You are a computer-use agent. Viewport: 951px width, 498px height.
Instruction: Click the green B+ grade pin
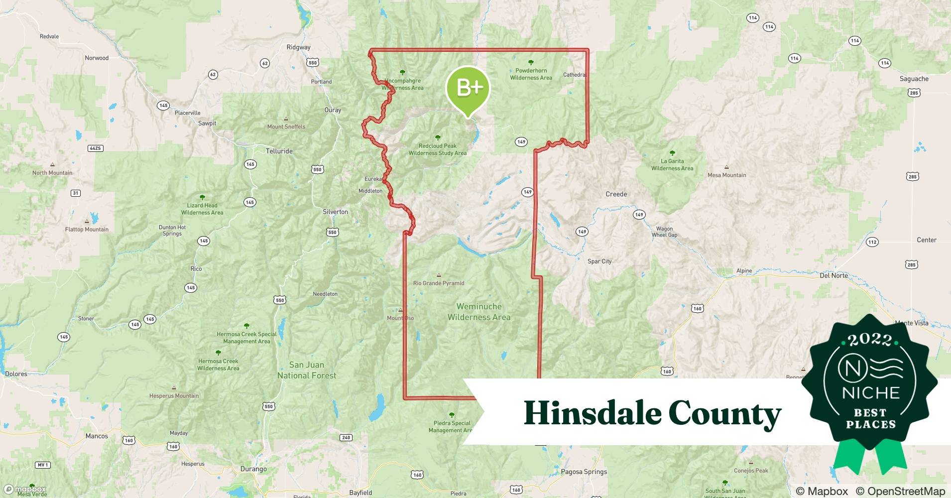pyautogui.click(x=468, y=89)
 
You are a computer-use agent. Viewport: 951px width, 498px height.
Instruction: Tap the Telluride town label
pyautogui.click(x=279, y=151)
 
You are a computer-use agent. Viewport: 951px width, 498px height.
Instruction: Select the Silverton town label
pyautogui.click(x=335, y=212)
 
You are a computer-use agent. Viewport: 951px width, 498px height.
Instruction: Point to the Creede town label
pyautogui.click(x=616, y=194)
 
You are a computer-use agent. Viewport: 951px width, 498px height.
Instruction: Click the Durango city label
pyautogui.click(x=253, y=469)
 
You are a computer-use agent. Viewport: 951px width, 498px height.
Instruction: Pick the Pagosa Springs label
pyautogui.click(x=584, y=472)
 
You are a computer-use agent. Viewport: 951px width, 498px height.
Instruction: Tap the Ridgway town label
pyautogui.click(x=298, y=47)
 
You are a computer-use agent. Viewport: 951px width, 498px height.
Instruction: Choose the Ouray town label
pyautogui.click(x=333, y=110)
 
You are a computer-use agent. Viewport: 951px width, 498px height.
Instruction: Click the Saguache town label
pyautogui.click(x=914, y=79)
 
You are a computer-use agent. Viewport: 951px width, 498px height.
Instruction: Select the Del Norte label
pyautogui.click(x=833, y=275)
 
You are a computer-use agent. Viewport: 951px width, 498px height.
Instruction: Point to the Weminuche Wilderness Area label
pyautogui.click(x=478, y=312)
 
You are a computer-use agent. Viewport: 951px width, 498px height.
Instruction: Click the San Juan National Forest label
pyautogui.click(x=307, y=370)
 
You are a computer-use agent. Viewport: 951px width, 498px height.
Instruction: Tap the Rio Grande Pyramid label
pyautogui.click(x=439, y=283)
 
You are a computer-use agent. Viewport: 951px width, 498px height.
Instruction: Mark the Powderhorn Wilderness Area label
pyautogui.click(x=531, y=74)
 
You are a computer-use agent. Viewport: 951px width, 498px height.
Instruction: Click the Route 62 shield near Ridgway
pyautogui.click(x=265, y=63)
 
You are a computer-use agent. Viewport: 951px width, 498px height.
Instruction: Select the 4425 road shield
pyautogui.click(x=95, y=148)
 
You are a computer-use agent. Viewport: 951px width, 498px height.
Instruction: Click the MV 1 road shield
pyautogui.click(x=43, y=465)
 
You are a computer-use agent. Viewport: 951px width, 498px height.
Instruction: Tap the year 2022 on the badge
pyautogui.click(x=870, y=340)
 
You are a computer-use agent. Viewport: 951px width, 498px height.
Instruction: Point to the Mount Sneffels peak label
pyautogui.click(x=286, y=126)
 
